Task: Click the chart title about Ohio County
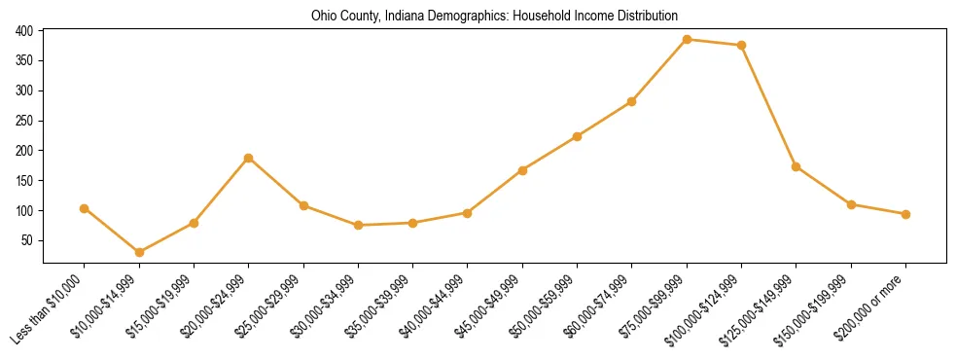coord(494,16)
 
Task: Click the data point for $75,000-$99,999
coord(687,40)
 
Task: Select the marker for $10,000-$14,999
coord(139,252)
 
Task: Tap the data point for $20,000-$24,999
coord(249,158)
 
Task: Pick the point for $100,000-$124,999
coord(741,46)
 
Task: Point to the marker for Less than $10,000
coord(85,208)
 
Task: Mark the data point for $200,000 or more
coord(905,214)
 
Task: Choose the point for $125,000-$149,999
coord(797,166)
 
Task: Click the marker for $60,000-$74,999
coord(632,101)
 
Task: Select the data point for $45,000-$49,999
coord(522,170)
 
